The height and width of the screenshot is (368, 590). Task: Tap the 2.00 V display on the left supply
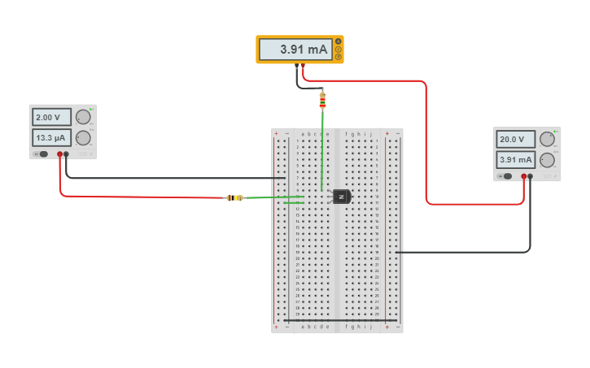click(51, 117)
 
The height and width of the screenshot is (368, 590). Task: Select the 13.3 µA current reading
click(51, 137)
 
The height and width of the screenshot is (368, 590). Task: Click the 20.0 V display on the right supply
click(516, 139)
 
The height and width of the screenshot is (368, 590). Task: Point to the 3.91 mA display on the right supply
click(516, 160)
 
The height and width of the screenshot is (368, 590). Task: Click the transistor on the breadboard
click(341, 197)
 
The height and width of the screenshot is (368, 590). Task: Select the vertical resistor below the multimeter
click(322, 100)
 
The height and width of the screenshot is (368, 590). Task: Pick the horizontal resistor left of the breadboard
click(234, 197)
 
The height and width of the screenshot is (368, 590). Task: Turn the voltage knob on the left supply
click(83, 117)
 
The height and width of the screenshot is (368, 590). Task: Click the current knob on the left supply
click(83, 138)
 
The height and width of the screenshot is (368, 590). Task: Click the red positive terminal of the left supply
click(59, 154)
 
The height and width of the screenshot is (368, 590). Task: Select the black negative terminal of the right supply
click(531, 175)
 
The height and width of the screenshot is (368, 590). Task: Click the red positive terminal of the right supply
click(523, 175)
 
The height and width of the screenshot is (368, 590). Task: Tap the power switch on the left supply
click(42, 154)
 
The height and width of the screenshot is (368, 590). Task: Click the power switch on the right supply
click(505, 175)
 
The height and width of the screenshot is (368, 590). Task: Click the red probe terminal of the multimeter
click(304, 65)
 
